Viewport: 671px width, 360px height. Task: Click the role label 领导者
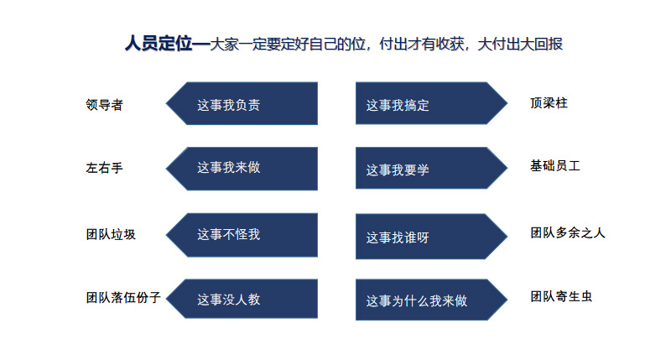[105, 105]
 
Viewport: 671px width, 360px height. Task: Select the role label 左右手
[105, 167]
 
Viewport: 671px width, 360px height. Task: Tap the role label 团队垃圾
[111, 234]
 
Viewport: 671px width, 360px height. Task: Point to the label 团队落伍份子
[122, 297]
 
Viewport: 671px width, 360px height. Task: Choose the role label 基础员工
[555, 166]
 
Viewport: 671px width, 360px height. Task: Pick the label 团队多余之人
[568, 232]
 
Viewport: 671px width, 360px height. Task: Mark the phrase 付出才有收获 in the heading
[424, 44]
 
